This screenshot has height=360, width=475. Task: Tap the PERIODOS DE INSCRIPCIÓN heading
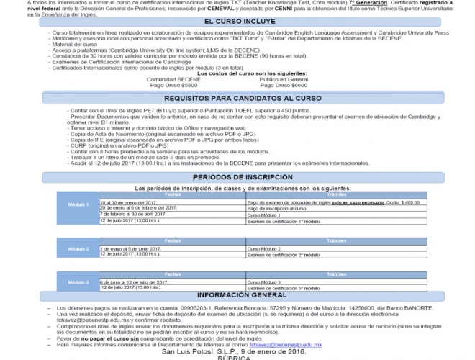coord(236,176)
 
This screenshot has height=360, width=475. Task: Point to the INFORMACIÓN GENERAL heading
coord(237,295)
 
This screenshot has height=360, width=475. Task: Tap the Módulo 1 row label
coord(78,204)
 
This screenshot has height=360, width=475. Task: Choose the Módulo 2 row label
coord(78,248)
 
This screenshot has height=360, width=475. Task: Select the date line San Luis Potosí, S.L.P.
coord(236,352)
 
